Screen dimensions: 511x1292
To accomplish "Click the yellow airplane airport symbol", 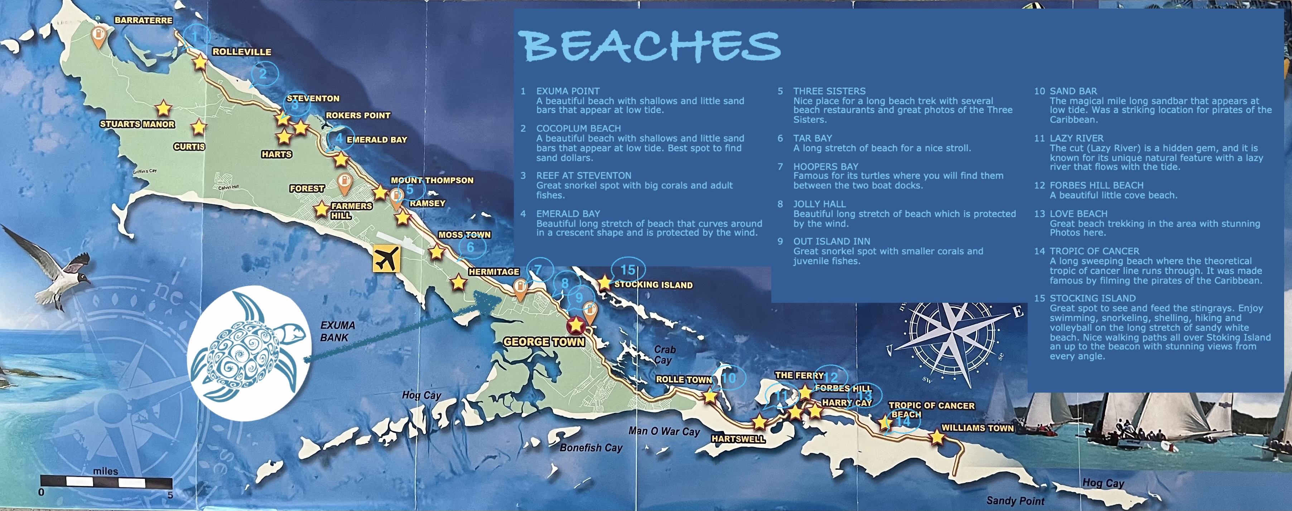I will point(386,259).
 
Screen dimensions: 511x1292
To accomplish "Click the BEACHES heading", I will point(650,46).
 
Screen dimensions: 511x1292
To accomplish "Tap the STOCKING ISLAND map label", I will point(653,285).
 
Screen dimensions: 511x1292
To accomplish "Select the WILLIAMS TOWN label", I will point(977,428).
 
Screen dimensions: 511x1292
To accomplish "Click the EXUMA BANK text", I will point(337,331).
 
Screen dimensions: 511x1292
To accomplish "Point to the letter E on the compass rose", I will point(1018,313).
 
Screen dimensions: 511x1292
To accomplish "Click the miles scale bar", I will point(106,482).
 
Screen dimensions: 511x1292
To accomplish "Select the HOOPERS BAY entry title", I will point(825,166).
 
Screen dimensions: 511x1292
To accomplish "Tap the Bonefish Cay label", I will point(590,447).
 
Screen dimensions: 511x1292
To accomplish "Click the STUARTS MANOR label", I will point(137,124).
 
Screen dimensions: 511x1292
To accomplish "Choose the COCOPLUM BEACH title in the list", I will point(578,129).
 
